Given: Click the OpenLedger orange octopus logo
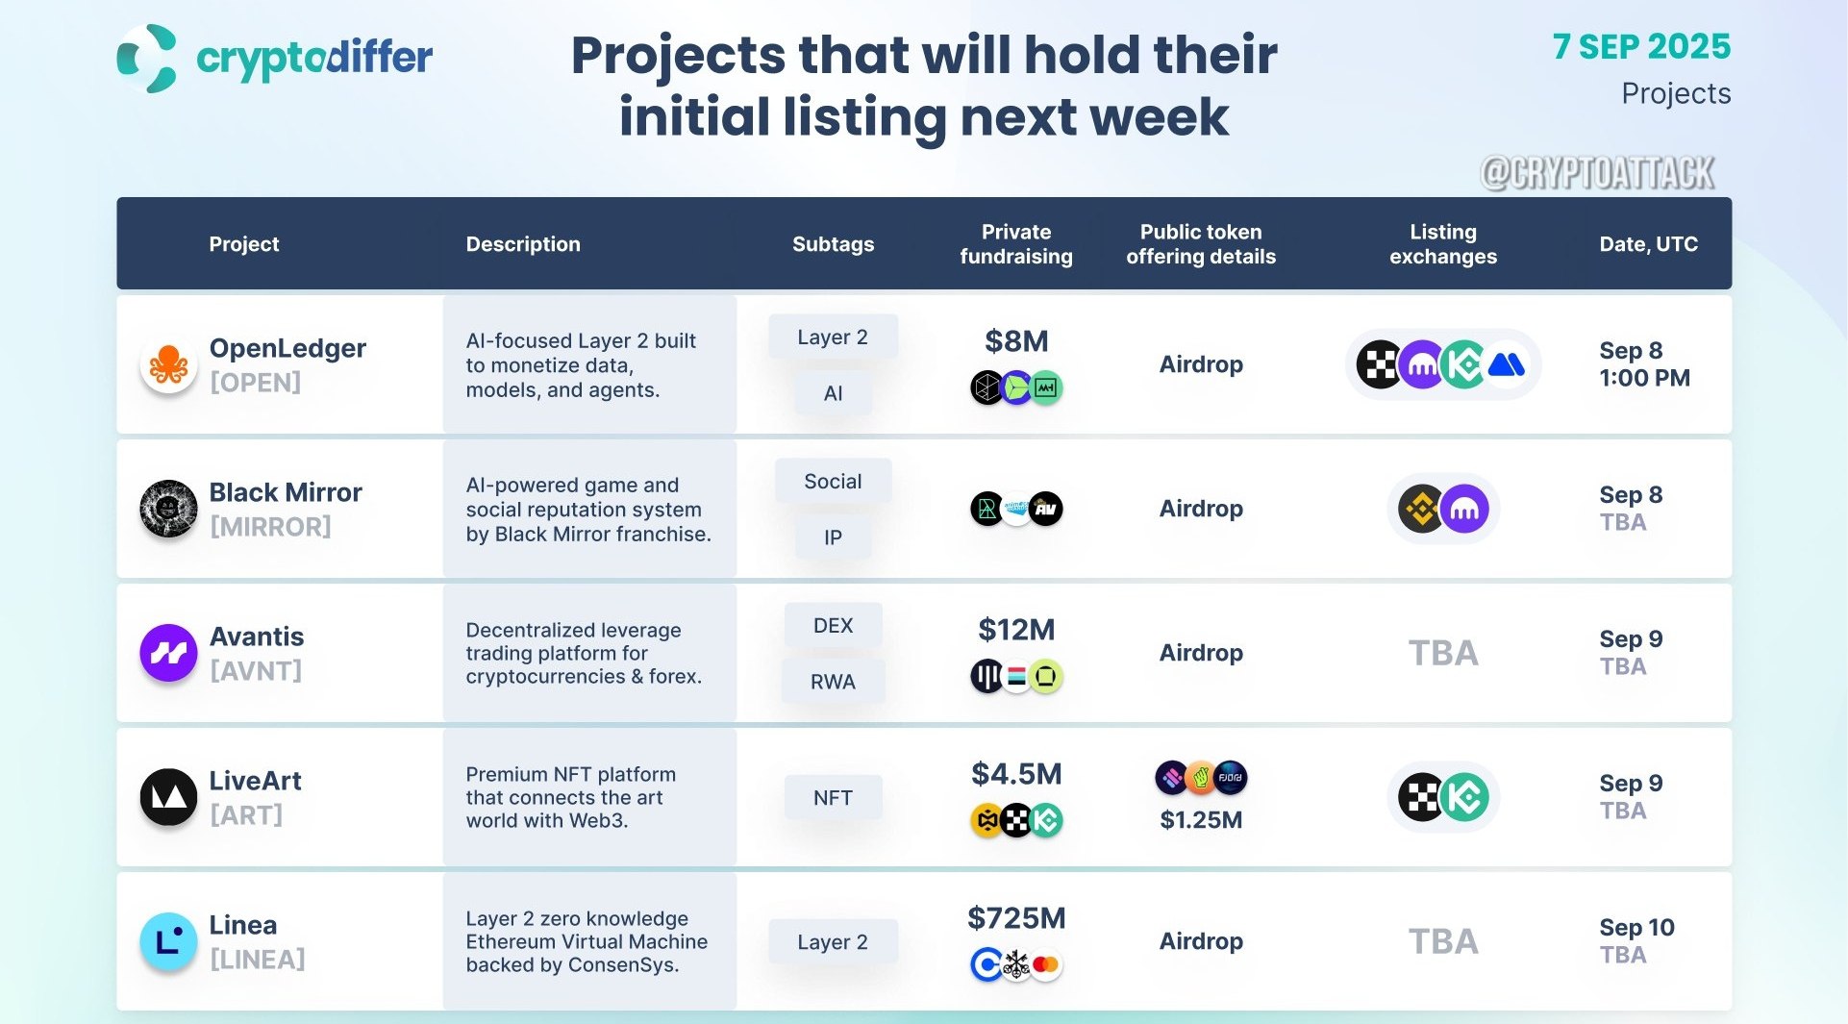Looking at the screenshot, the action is point(168,365).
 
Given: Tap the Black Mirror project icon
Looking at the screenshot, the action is point(168,509).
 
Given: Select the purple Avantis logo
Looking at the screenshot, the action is point(168,653).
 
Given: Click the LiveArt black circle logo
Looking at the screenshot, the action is point(168,797).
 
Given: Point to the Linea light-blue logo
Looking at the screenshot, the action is point(168,941).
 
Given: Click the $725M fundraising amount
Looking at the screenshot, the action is point(1016,918).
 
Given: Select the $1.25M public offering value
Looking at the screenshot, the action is point(1201,820).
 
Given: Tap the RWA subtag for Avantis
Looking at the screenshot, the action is point(833,682).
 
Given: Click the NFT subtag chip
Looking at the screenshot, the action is point(833,797).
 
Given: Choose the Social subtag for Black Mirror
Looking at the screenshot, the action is point(833,482).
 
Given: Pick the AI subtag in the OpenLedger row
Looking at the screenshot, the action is point(833,393).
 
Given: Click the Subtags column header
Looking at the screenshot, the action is point(833,244).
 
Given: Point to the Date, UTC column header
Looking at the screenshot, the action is point(1648,244).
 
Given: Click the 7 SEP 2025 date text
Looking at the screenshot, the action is point(1641,46).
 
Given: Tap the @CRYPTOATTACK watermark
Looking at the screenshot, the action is point(1598,173).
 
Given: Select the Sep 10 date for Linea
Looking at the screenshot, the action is point(1636,928).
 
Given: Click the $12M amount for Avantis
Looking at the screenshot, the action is point(1016,630).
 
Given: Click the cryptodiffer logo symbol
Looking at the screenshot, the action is point(147,59).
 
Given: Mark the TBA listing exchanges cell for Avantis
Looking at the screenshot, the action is point(1443,654).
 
